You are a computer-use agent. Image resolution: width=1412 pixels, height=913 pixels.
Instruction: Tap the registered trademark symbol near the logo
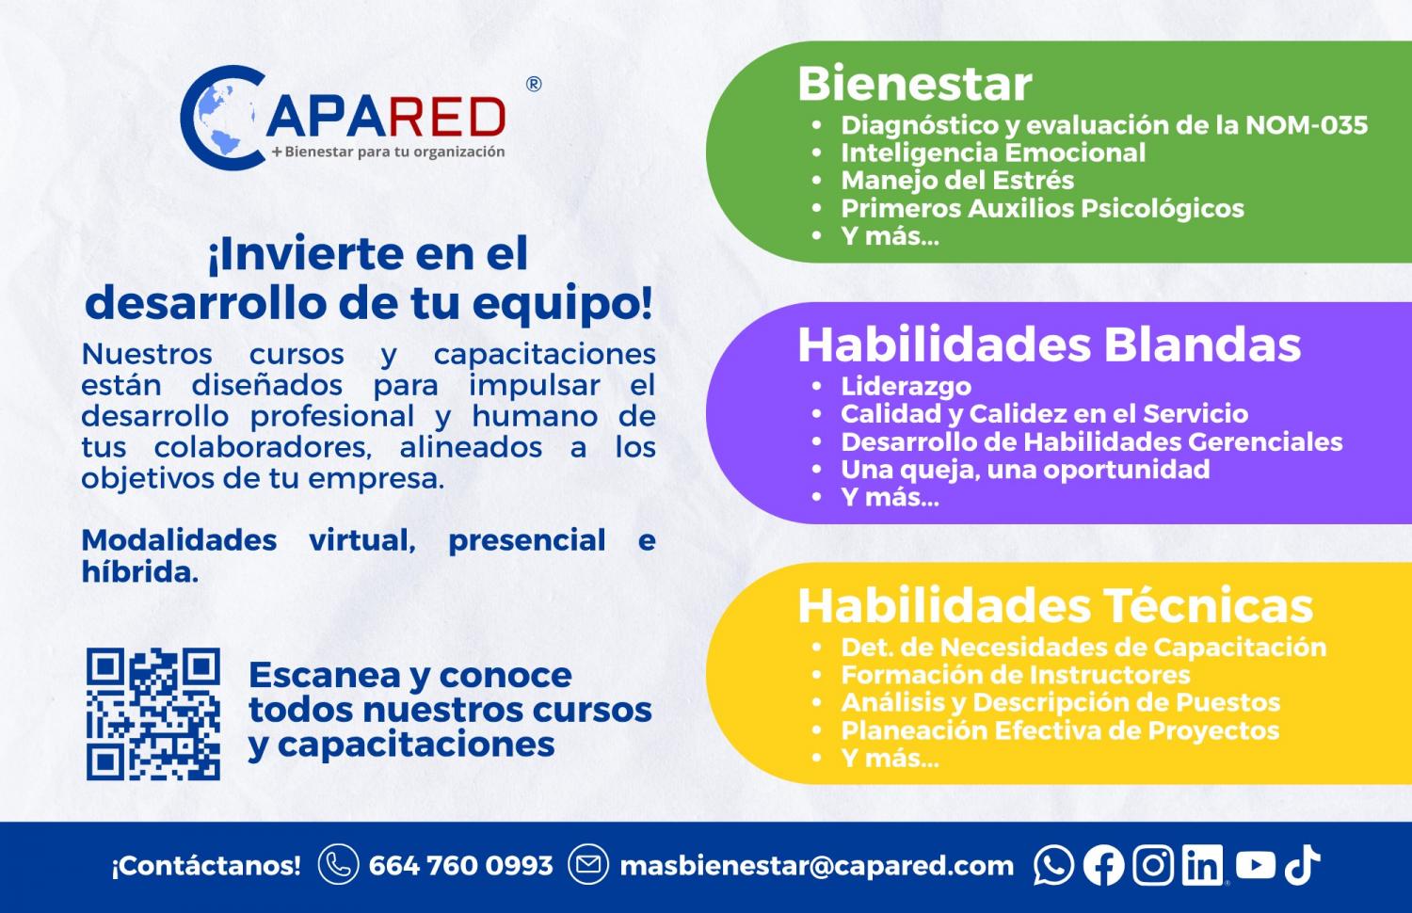tap(534, 84)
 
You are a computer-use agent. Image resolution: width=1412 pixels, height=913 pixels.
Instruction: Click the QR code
tap(153, 713)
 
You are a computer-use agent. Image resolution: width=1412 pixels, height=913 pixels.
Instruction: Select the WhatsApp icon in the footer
tap(1053, 864)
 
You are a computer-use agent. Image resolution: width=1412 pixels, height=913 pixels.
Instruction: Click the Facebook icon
tap(1103, 864)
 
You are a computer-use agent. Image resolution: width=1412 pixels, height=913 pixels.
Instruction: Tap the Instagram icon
tap(1153, 864)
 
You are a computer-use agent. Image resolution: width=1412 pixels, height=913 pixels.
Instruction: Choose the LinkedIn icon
tap(1202, 864)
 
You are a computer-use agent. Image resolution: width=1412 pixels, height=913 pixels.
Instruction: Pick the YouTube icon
tap(1255, 864)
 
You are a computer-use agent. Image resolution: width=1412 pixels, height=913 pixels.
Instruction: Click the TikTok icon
tap(1302, 864)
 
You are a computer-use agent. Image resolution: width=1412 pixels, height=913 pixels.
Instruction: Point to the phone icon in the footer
tap(339, 864)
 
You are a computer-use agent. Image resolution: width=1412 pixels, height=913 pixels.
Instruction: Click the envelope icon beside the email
tap(588, 864)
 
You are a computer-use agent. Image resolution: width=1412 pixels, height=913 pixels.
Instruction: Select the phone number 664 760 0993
tap(461, 865)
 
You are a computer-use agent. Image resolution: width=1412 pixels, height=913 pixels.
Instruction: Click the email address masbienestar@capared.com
tap(817, 866)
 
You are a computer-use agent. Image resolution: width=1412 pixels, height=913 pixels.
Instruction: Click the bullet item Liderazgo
tap(906, 386)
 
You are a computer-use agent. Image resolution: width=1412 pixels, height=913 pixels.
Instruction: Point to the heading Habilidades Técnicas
tap(1055, 605)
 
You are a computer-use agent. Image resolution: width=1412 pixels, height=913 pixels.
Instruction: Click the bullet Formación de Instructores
tap(1016, 675)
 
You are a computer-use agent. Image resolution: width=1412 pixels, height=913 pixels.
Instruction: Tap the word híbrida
tap(140, 571)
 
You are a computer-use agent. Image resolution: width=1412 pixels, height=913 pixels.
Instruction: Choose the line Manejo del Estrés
tap(957, 180)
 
